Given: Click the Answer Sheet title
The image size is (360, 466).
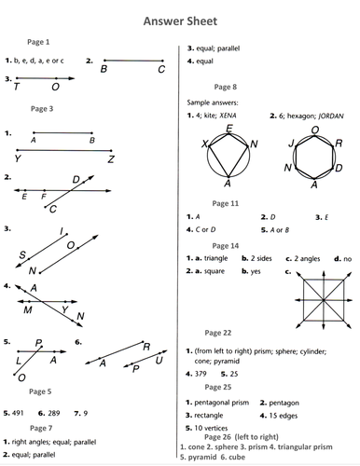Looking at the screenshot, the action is point(179,19).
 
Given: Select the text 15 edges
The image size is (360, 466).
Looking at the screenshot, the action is point(290,414).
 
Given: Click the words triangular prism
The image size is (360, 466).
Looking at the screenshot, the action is point(306,445).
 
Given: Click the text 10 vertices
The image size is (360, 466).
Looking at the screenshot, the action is point(211,427).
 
